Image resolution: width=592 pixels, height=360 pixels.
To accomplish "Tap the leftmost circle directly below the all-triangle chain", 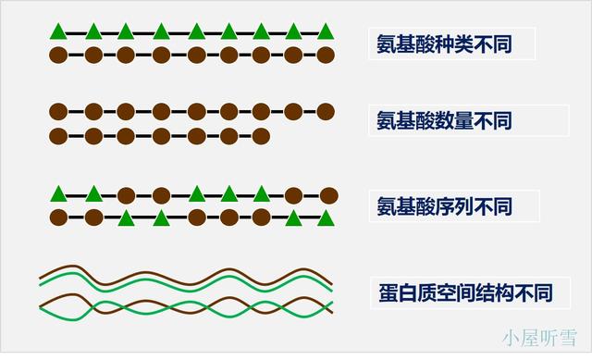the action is (58, 56).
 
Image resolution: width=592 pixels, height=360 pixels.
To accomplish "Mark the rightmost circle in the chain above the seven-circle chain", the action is (325, 112).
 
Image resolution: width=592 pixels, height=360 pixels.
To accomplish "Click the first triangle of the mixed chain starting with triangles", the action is (58, 193).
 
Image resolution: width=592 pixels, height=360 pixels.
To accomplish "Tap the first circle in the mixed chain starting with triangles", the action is (127, 194).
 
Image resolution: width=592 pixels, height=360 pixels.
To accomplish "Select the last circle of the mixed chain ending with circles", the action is (327, 194).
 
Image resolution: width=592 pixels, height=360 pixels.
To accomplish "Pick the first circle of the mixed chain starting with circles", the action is (58, 218).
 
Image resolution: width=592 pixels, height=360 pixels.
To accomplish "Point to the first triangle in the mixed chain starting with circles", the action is (127, 218).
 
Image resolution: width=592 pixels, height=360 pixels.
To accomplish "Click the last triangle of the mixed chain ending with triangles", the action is (325, 218).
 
